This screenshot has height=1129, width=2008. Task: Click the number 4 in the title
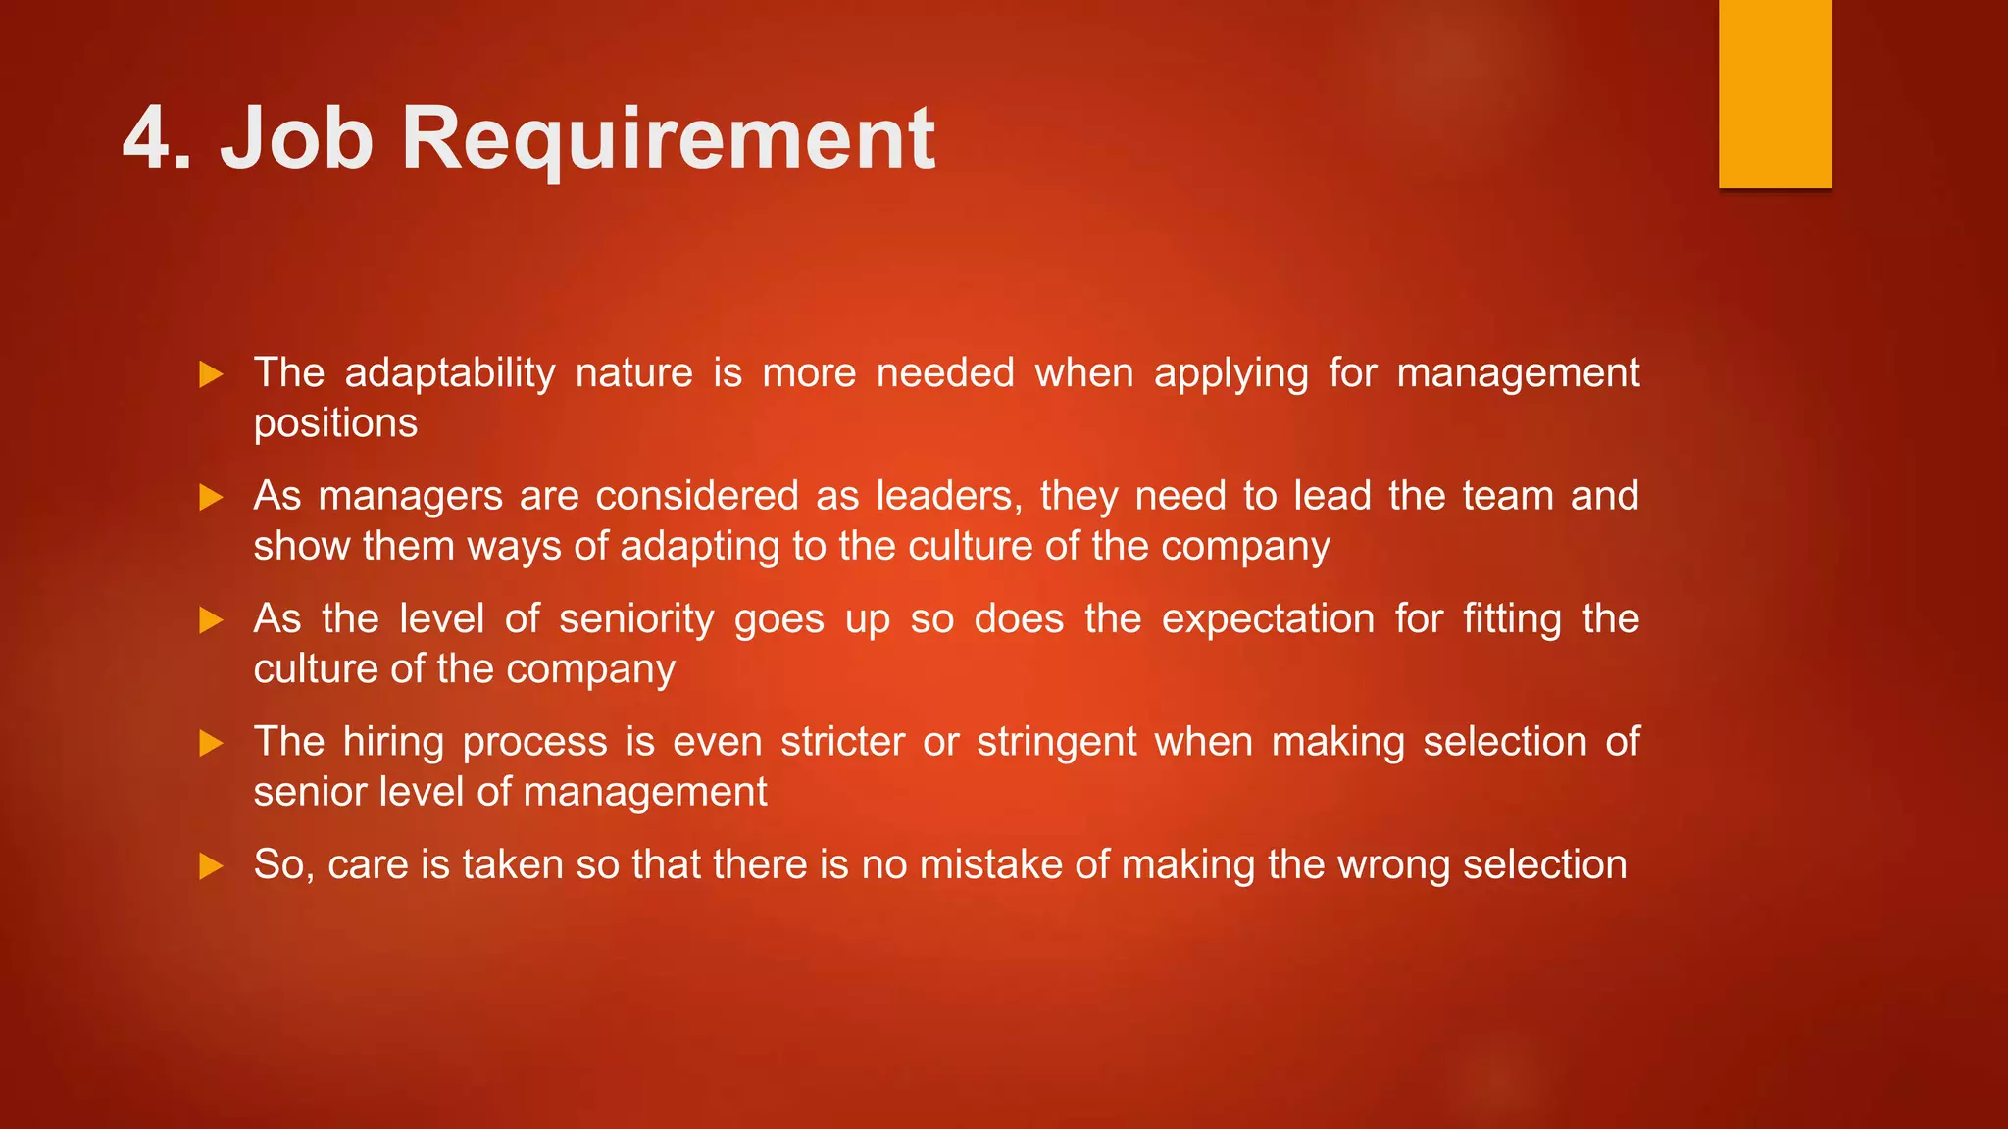[x=146, y=138]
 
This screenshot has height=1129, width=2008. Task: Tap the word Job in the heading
[x=296, y=138]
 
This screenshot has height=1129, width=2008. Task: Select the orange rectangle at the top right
[x=1775, y=93]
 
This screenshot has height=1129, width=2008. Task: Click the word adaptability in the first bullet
[x=450, y=373]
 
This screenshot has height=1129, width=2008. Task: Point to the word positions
[x=335, y=423]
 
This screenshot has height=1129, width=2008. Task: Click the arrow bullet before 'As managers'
[x=211, y=498]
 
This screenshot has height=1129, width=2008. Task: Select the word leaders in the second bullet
[x=947, y=496]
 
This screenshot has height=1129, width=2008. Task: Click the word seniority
[x=636, y=619]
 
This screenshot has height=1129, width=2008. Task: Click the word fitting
[x=1512, y=619]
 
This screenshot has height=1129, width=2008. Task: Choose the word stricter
[x=842, y=742]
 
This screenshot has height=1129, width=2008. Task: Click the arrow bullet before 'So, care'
[x=211, y=866]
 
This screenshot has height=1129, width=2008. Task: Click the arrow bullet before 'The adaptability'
[x=211, y=374]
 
